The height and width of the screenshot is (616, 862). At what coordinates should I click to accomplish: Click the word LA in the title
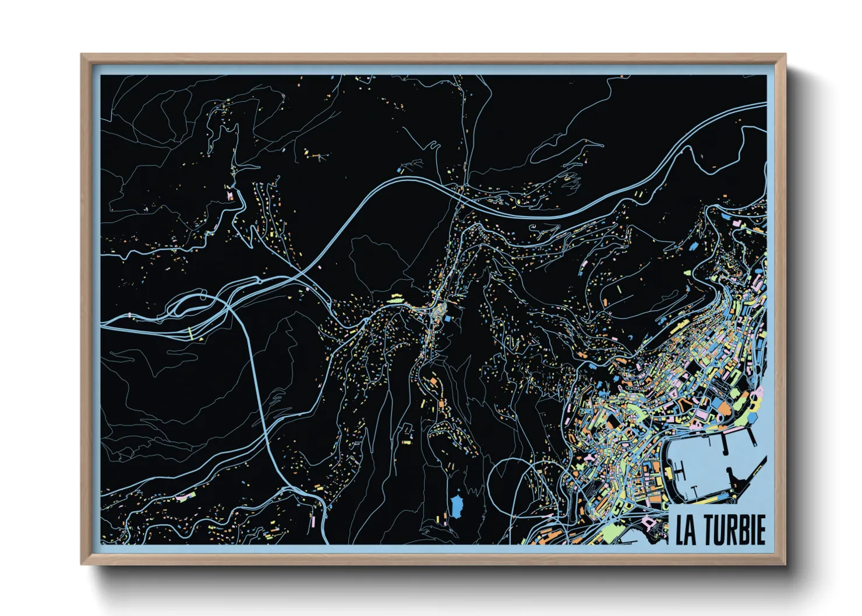click(x=686, y=530)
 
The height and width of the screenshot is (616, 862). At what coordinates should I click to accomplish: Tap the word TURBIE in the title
click(x=734, y=530)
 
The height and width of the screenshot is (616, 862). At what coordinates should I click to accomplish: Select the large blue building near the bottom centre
click(x=456, y=505)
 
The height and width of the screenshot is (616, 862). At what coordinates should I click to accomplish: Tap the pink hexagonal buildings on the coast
click(x=757, y=399)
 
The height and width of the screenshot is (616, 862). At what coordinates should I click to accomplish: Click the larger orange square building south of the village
click(x=433, y=381)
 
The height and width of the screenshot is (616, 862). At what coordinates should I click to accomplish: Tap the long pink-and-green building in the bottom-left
click(x=185, y=497)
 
